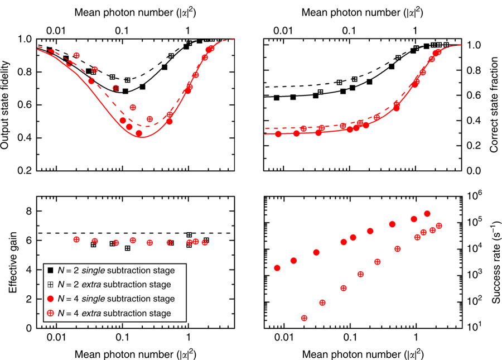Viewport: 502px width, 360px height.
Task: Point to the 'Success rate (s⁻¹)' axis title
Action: tap(493, 261)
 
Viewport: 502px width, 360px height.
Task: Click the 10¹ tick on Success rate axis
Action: tap(472, 327)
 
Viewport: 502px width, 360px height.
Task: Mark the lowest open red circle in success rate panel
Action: tap(304, 318)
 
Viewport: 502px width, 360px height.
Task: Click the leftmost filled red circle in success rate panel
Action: tap(277, 268)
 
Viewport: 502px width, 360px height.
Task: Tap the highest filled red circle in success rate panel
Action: tap(427, 214)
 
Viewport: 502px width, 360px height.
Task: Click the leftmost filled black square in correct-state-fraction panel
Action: tap(277, 98)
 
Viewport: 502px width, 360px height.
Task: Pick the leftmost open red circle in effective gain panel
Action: tap(76, 239)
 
